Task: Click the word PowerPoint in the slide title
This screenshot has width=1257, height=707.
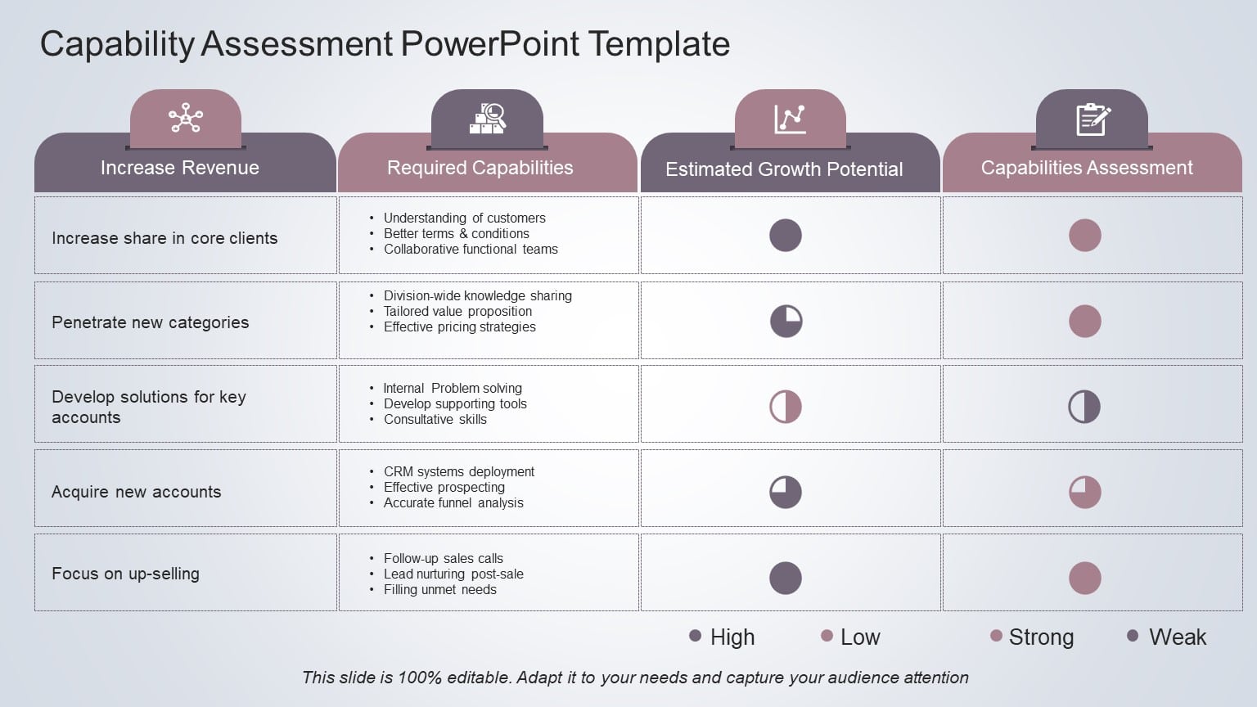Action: (490, 44)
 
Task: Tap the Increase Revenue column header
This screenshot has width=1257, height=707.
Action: (180, 168)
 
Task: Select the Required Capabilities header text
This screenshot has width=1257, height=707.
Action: (480, 168)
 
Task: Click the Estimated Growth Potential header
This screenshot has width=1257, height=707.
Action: (784, 169)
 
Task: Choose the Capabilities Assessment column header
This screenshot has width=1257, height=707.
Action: (1087, 168)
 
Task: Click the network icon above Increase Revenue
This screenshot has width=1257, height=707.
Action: (186, 119)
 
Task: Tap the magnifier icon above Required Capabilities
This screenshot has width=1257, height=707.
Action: (488, 119)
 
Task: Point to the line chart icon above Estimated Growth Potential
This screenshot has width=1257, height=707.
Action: (790, 119)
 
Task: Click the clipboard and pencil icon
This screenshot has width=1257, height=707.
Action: (1093, 119)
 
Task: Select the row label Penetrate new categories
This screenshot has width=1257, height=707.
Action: (151, 322)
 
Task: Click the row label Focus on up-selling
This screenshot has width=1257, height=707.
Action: (125, 574)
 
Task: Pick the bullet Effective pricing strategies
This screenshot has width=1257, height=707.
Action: (460, 327)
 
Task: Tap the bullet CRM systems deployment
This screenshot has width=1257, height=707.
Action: (459, 472)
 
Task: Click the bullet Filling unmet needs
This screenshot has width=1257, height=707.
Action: (440, 590)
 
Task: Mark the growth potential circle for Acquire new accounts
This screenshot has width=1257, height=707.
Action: (786, 492)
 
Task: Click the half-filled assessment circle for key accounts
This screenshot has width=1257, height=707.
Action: (1084, 407)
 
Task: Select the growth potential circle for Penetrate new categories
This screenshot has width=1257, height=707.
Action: (786, 322)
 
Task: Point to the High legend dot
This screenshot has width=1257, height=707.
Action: (696, 636)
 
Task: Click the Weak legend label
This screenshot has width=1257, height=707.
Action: (1178, 637)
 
